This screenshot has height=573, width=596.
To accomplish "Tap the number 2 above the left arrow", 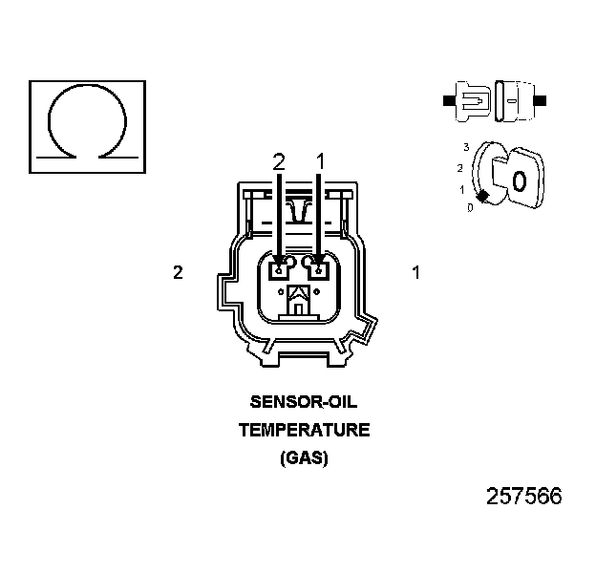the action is pos(279,162).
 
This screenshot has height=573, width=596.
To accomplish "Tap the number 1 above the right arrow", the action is pos(320,162).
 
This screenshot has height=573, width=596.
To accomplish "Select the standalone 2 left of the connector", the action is pos(178,272).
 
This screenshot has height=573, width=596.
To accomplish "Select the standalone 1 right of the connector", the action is pos(415,272).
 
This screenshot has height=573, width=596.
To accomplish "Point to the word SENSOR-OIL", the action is pos(304,402).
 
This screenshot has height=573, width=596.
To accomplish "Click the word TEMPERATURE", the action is pos(304,430).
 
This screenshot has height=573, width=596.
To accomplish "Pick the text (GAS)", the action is pos(304,457).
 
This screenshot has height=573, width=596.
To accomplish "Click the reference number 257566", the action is pos(523,497).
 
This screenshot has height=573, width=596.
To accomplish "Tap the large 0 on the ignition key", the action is pos(519,180).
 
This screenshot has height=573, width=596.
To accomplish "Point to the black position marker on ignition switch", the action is pos(483,196).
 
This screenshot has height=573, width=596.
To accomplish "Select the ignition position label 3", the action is pos(465,147).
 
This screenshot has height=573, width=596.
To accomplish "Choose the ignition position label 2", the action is pos(460,168).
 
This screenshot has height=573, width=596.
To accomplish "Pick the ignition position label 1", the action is pos(462,189).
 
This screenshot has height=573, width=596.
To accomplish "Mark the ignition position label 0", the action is pos(470,207).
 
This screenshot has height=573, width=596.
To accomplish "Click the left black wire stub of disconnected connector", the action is pos(449,99).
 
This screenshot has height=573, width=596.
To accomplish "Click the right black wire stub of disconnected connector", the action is pos(542,99).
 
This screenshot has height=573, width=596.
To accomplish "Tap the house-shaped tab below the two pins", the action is pos(298,298).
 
